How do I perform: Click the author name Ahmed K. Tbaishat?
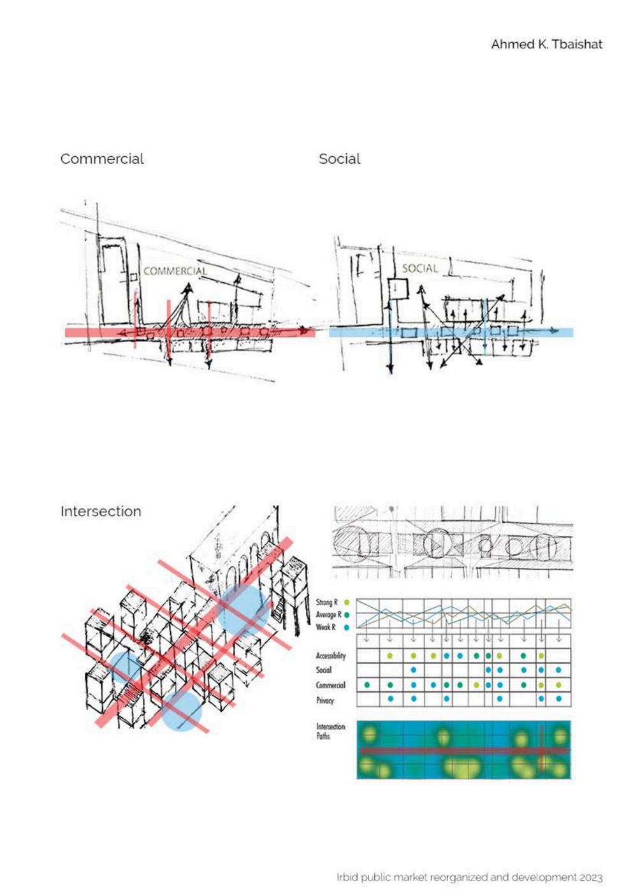[x=546, y=44]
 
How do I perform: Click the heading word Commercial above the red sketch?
[x=102, y=159]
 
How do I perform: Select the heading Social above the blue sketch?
[x=339, y=159]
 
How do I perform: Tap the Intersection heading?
[x=101, y=511]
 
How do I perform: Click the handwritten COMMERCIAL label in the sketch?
[x=175, y=271]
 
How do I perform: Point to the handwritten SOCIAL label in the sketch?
[x=419, y=268]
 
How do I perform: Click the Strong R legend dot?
[x=346, y=602]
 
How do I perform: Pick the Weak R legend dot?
[x=346, y=628]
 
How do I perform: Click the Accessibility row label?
[x=331, y=656]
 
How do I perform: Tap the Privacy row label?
[x=325, y=700]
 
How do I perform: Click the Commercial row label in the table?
[x=331, y=686]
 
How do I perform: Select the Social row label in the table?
[x=324, y=670]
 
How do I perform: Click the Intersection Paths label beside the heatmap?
[x=330, y=731]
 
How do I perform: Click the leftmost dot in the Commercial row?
[x=367, y=685]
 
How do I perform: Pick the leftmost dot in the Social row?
[x=414, y=670]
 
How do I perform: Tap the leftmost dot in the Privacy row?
[x=390, y=699]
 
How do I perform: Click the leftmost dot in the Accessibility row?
[x=390, y=655]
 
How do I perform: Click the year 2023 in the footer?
[x=590, y=877]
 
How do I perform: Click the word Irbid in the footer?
[x=347, y=877]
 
